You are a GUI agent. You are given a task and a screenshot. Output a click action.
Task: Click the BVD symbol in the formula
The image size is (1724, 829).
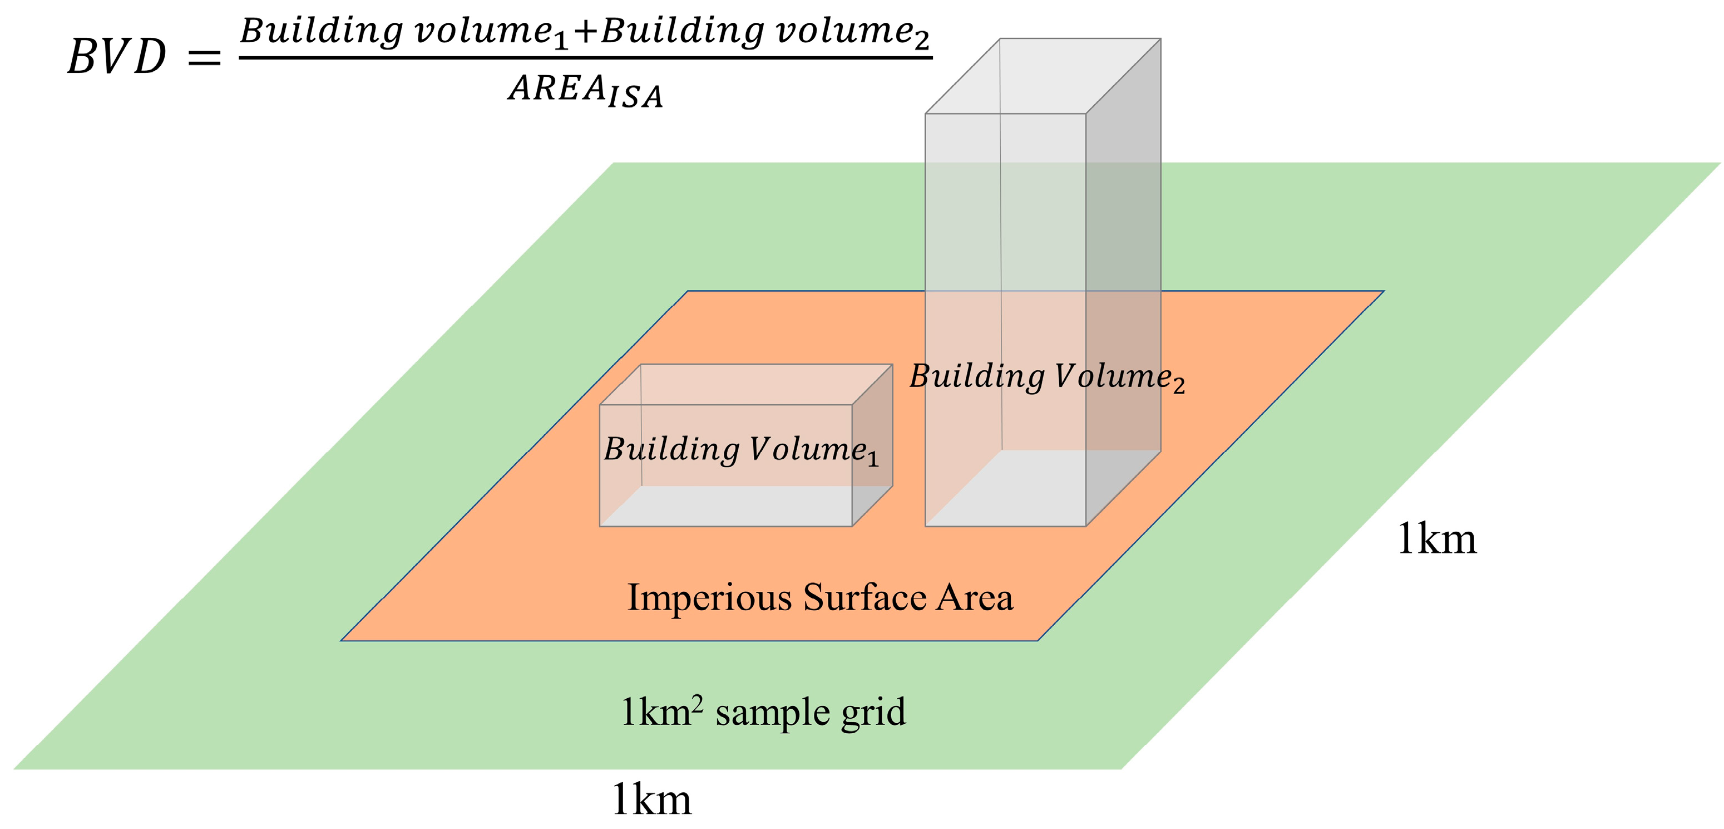click(x=117, y=56)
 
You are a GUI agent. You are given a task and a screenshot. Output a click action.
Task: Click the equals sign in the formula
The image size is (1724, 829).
click(x=204, y=57)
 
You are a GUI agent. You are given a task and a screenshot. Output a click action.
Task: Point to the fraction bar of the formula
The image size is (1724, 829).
click(x=586, y=57)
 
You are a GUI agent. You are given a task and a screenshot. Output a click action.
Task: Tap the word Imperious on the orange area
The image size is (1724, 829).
click(x=709, y=597)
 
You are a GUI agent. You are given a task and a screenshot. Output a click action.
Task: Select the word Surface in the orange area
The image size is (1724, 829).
click(x=865, y=597)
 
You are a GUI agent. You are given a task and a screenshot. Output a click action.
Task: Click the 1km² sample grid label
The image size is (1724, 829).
click(x=763, y=712)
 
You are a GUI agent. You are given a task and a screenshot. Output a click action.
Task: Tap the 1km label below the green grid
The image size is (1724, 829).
click(x=651, y=800)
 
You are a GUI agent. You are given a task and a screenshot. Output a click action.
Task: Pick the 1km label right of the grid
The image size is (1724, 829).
click(x=1437, y=539)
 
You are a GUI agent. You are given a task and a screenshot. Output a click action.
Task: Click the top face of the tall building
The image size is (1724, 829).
click(x=1043, y=76)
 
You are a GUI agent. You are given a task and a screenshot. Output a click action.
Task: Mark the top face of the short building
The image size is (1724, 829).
click(x=746, y=384)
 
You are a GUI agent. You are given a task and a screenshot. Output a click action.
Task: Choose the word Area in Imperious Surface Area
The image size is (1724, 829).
click(x=975, y=597)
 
